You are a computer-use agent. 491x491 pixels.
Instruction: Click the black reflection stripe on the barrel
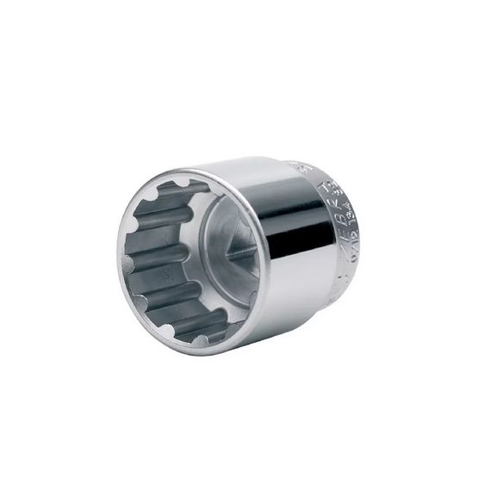pos(297,233)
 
